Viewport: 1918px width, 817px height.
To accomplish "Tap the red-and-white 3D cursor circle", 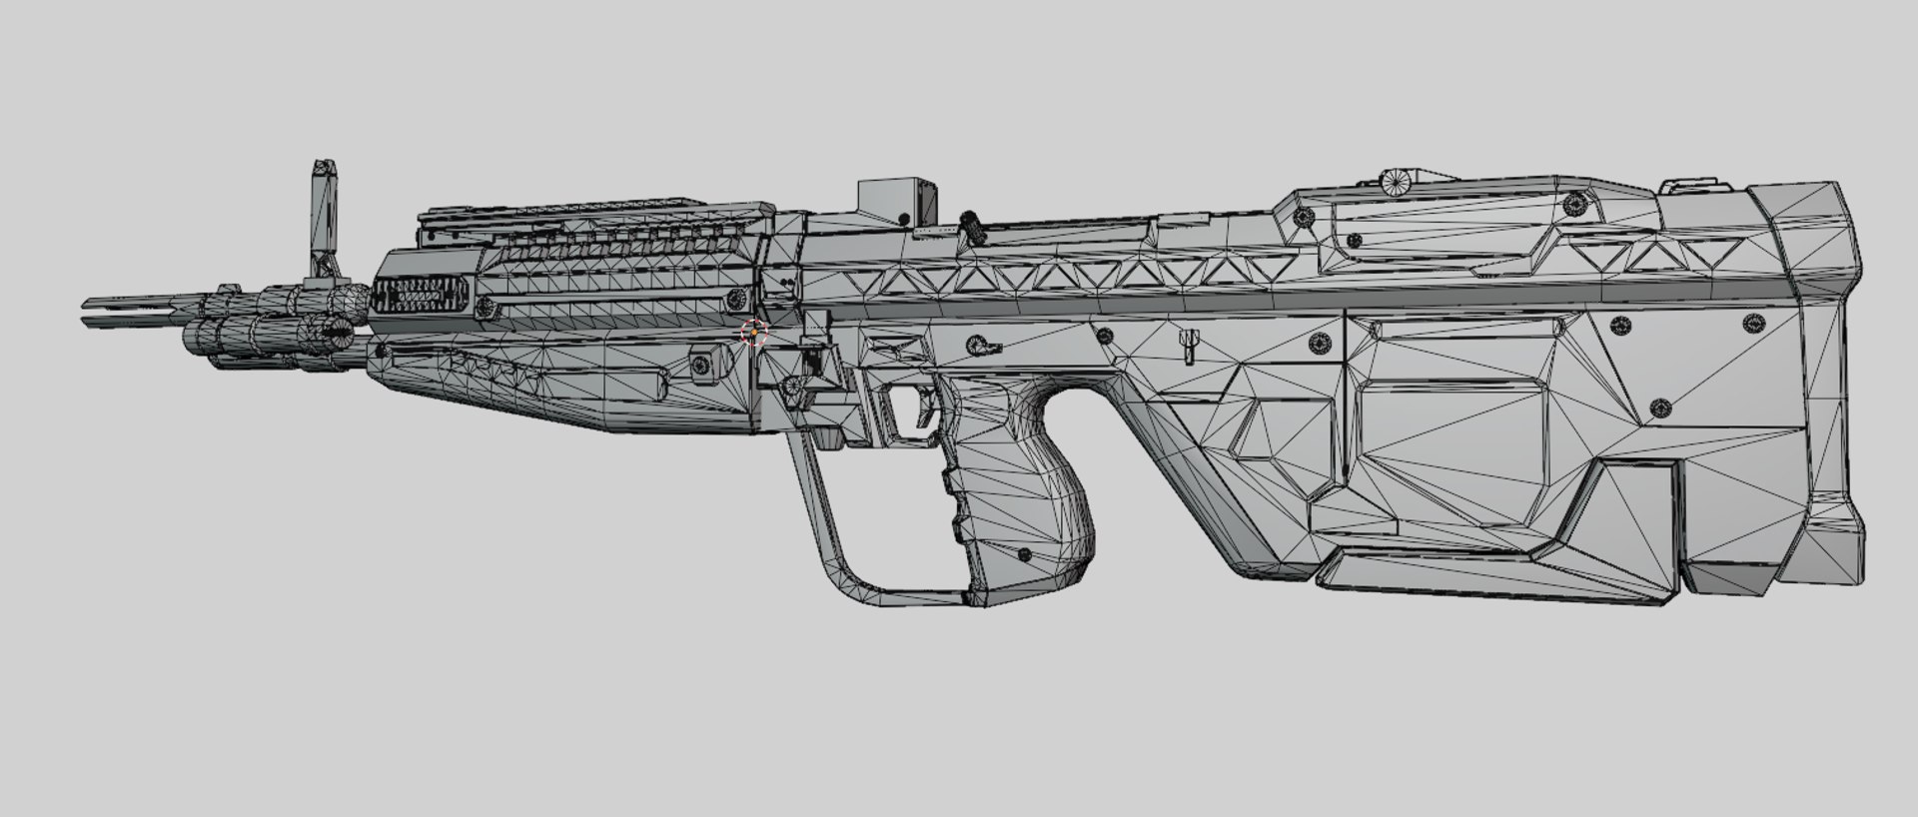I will click(x=753, y=333).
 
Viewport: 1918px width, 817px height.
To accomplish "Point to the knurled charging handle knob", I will click(x=971, y=226).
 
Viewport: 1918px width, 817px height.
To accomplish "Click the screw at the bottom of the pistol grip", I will click(x=1023, y=553).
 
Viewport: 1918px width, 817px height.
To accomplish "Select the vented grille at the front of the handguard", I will click(x=421, y=297).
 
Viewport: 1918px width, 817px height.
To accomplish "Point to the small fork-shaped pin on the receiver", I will click(x=1188, y=347).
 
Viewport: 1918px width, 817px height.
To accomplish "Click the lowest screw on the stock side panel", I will click(x=1659, y=407).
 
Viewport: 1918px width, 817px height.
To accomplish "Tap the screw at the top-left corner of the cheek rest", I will click(x=1302, y=217).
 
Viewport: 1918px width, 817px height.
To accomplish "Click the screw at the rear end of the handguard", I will click(x=737, y=298).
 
